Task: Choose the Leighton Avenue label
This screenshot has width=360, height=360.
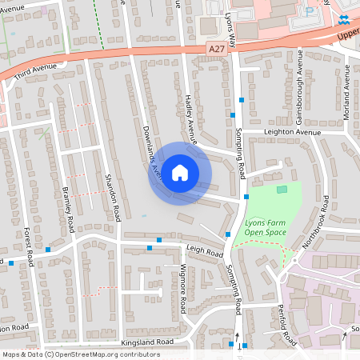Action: (282, 133)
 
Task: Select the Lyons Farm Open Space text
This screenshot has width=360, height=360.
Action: (265, 226)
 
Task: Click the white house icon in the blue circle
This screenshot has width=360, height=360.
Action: (180, 173)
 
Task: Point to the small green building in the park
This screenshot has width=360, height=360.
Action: (281, 190)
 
